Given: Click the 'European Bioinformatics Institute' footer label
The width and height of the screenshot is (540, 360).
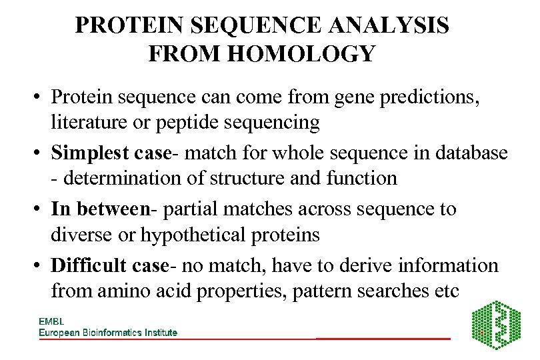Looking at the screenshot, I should [108, 332].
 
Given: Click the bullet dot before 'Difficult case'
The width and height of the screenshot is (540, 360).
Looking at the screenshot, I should [40, 266].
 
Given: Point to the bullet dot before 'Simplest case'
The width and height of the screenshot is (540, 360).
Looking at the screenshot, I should [40, 153].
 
